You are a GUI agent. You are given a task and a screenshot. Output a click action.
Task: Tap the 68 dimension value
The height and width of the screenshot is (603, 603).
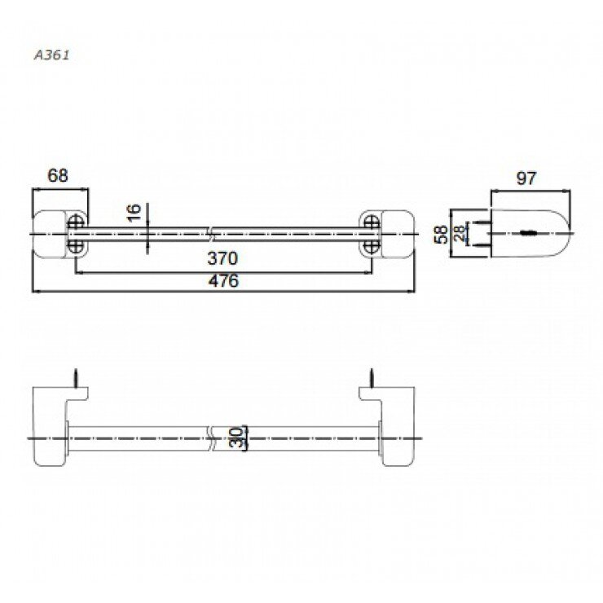[x=57, y=175]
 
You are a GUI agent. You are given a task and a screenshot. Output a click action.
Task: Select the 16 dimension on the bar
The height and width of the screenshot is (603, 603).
[x=135, y=213]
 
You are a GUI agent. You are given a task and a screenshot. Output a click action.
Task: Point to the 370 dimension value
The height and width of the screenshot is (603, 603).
[x=222, y=259]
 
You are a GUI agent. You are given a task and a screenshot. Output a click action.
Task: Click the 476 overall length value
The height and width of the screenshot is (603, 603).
[x=222, y=281]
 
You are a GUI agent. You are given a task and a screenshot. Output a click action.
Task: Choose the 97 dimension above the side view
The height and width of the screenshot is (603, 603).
[x=527, y=178]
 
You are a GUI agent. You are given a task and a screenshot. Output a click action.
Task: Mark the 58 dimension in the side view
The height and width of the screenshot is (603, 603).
[x=442, y=235]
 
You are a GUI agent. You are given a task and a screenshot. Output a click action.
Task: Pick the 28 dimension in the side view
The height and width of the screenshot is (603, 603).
[x=460, y=235]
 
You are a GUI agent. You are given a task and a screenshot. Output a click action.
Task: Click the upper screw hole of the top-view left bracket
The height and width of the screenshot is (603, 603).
[x=76, y=222]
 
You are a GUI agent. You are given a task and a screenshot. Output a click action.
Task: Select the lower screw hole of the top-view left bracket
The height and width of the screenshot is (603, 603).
[x=76, y=245]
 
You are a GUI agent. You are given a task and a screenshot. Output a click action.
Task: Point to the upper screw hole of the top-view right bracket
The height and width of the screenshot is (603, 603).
[x=370, y=222]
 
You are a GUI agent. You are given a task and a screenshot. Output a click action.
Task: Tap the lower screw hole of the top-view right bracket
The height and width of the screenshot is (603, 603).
[x=370, y=245]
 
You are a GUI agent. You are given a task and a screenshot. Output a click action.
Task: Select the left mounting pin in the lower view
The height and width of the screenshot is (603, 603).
[x=75, y=379]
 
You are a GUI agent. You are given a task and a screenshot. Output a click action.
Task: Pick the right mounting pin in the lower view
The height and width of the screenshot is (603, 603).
[x=372, y=379]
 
